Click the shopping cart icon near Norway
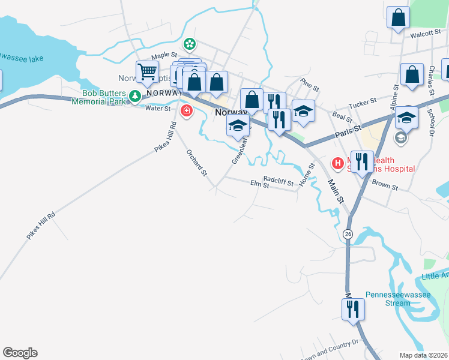pos(146,73)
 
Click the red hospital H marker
pos(338,162)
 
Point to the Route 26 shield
pos(348,233)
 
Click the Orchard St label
pos(196,162)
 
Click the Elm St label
pos(259,185)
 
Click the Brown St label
pos(385,187)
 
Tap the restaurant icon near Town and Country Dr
pos(352,309)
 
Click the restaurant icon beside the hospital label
pos(362,161)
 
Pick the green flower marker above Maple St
pos(190,44)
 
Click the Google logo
pos(20,353)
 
